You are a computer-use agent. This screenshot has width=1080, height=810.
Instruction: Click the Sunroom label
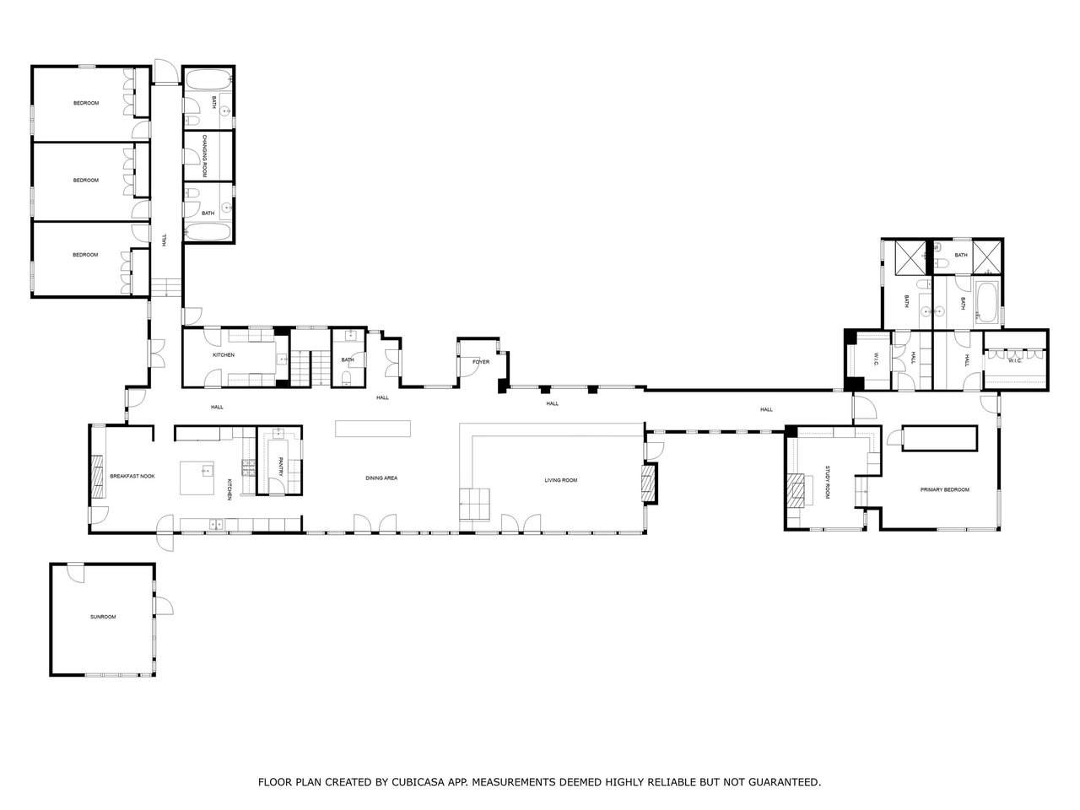[x=103, y=617]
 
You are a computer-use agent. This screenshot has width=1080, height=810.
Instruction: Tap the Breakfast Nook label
[x=132, y=476]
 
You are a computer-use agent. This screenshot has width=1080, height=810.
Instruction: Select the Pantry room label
[x=280, y=467]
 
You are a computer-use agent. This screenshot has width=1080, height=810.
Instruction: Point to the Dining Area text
[x=381, y=478]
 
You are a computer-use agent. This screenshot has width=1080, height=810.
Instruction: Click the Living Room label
[x=561, y=480]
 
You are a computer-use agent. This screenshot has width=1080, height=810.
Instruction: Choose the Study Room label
[x=827, y=483]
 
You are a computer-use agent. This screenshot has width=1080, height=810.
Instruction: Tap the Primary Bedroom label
[x=945, y=490]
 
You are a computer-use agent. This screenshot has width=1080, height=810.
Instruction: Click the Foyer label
[x=481, y=362]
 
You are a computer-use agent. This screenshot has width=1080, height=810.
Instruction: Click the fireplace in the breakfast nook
[x=97, y=477]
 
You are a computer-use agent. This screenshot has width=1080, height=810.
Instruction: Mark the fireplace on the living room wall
[x=649, y=483]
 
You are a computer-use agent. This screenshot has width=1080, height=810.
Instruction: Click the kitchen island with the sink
[x=197, y=478]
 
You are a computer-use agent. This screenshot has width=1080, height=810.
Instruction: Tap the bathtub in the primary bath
[x=986, y=301]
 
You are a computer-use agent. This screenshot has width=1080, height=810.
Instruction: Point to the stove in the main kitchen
[x=248, y=468]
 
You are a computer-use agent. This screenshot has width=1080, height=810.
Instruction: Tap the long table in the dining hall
[x=373, y=429]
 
